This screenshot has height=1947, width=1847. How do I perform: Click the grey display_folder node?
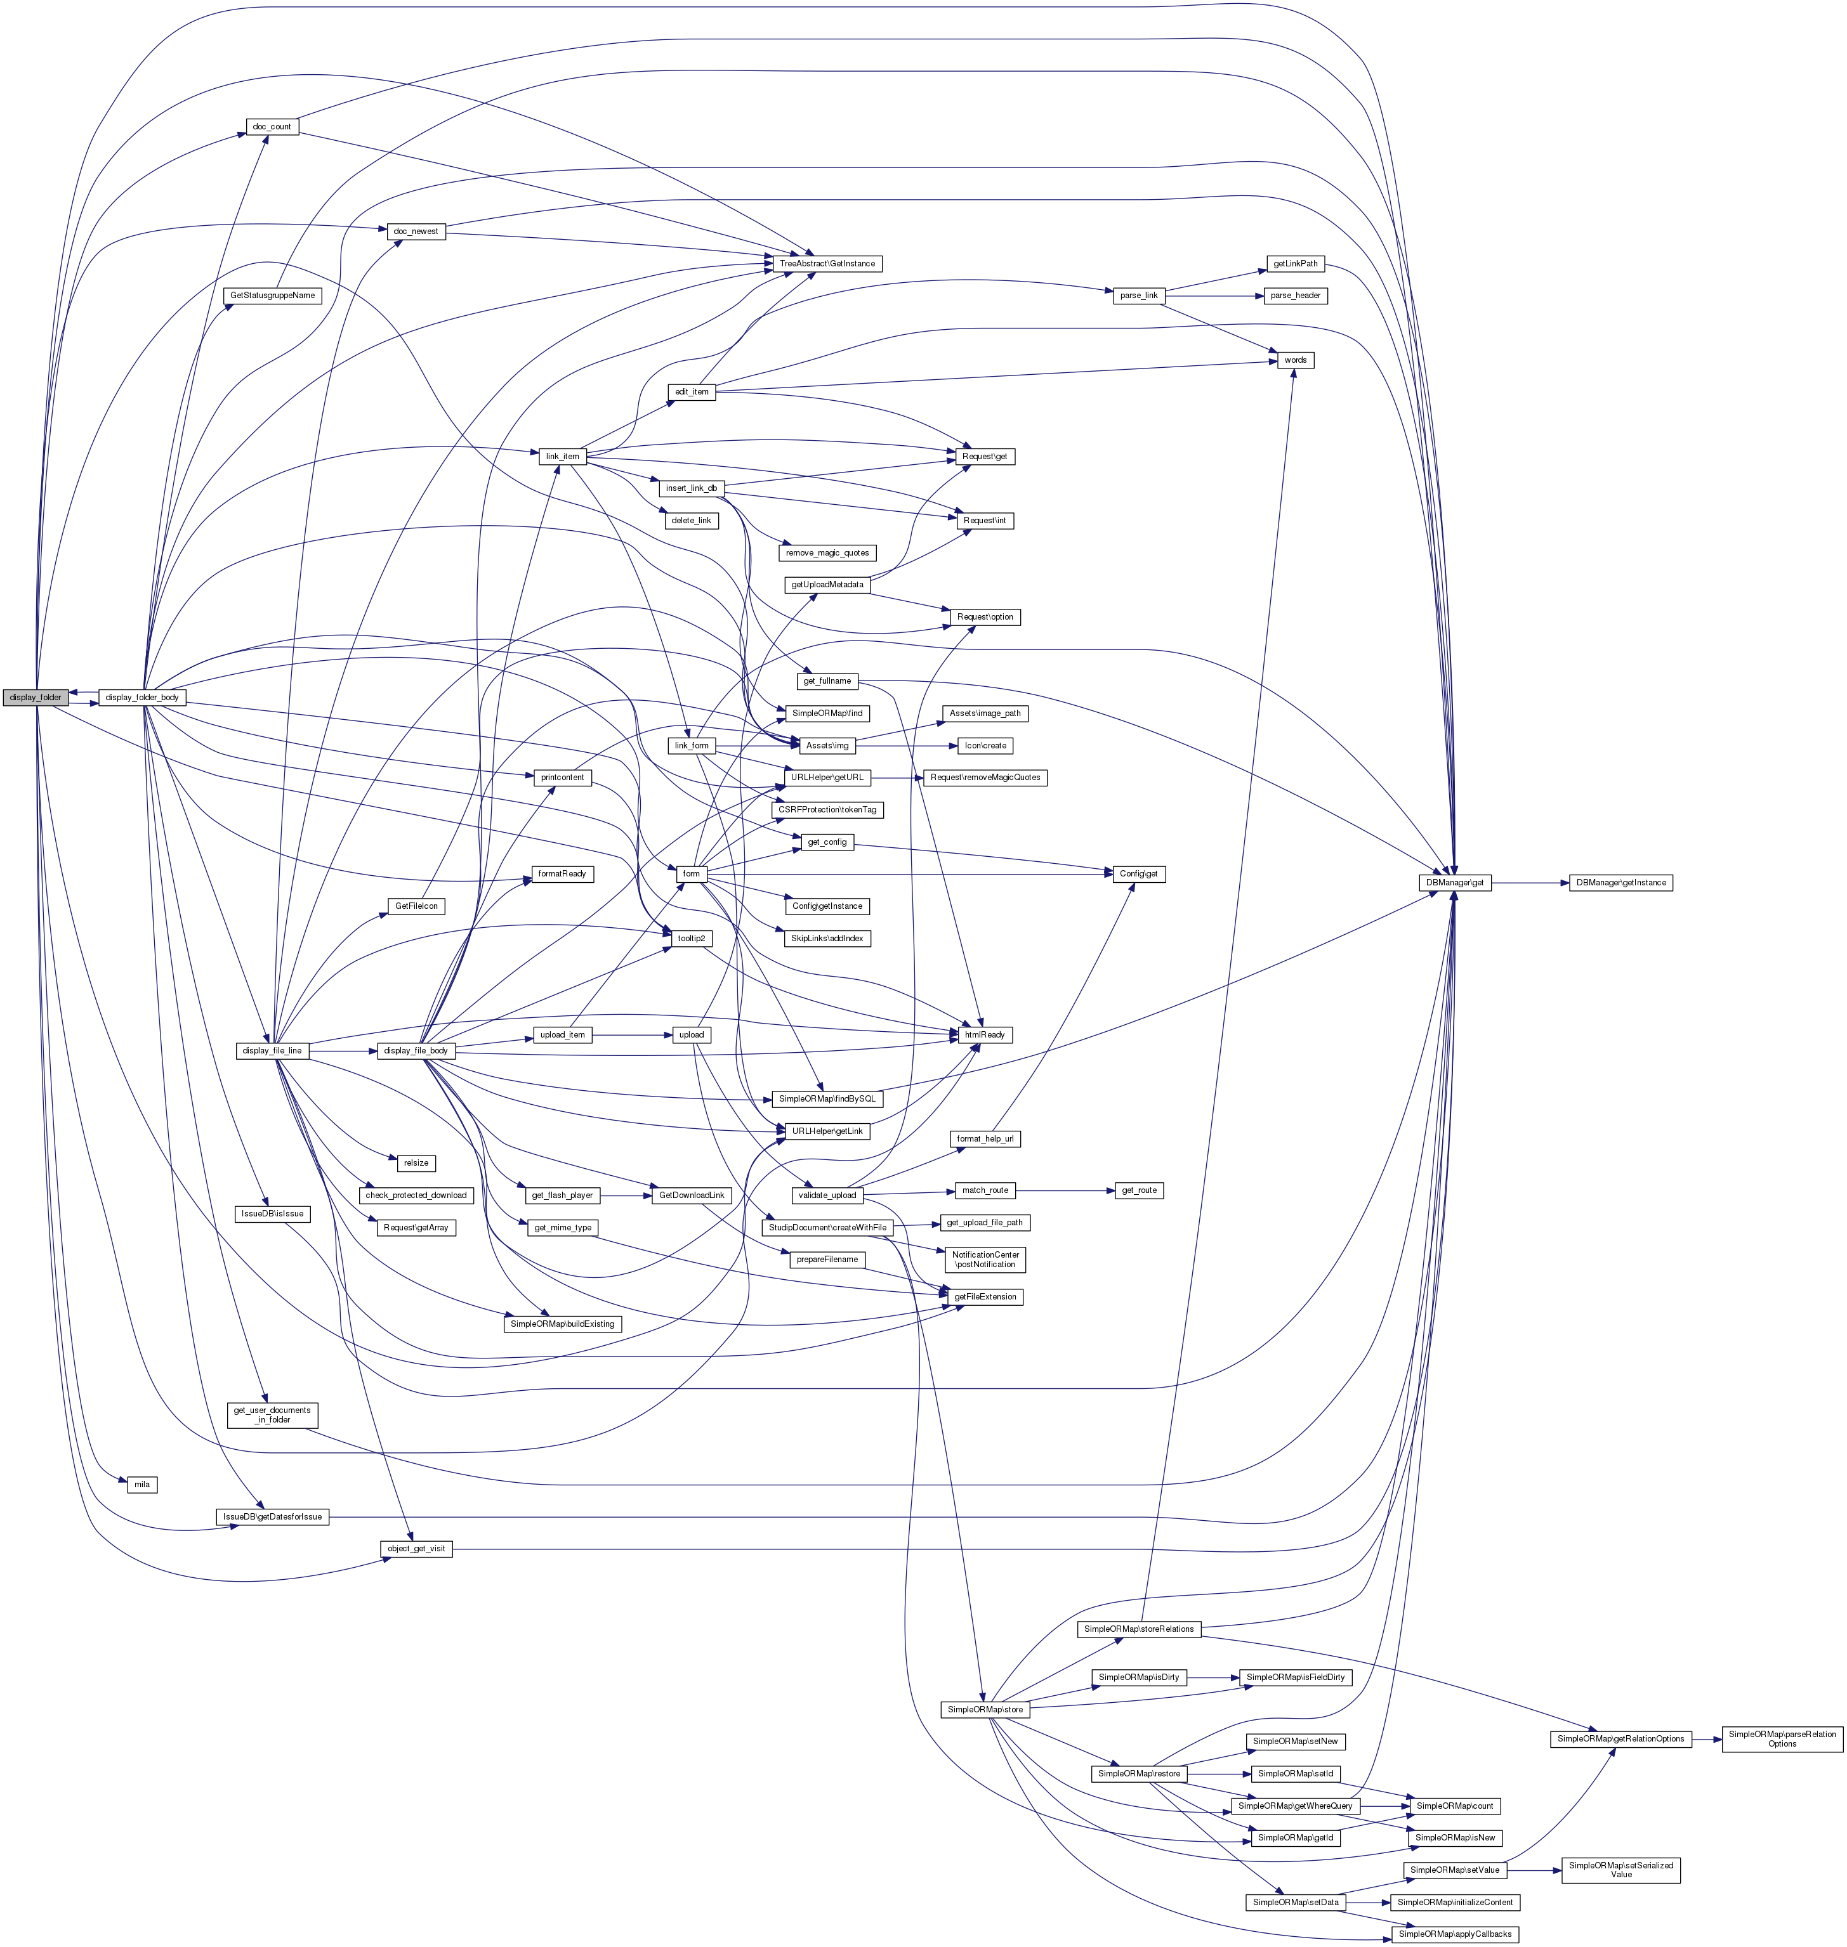click(36, 697)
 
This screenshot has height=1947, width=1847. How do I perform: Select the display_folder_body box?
click(141, 697)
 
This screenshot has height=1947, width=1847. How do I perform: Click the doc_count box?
click(272, 127)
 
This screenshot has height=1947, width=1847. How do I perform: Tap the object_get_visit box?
click(416, 1548)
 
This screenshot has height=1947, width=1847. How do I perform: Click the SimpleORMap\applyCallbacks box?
click(1455, 1934)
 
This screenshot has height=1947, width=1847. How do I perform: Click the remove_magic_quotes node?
click(827, 552)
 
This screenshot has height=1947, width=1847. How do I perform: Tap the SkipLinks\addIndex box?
click(827, 938)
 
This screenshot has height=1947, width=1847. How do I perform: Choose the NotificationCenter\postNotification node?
click(985, 1259)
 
